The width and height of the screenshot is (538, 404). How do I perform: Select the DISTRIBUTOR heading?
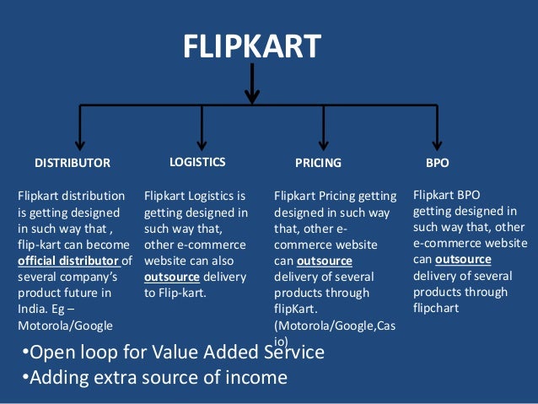coord(73,162)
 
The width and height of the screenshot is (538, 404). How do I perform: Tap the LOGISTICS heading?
coord(197,161)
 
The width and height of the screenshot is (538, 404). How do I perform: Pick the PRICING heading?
coord(318,162)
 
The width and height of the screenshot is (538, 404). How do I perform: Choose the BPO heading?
coord(438,161)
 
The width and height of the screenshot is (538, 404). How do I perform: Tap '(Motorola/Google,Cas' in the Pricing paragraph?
coord(334,326)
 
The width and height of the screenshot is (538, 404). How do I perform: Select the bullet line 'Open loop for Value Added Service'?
coord(173,352)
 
